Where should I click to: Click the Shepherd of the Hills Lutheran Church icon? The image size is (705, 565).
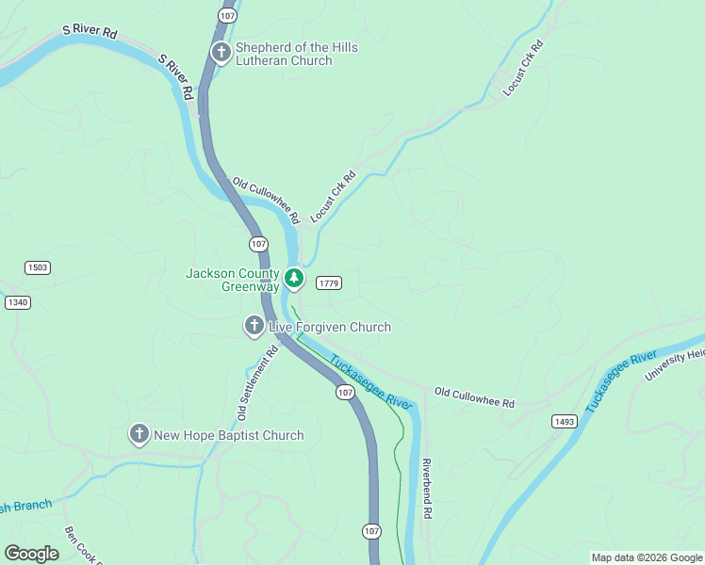coord(221,53)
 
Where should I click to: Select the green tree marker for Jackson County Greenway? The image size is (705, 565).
coord(294,278)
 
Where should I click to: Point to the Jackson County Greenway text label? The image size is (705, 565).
coord(232,280)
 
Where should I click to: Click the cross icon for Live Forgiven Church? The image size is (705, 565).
coord(254,327)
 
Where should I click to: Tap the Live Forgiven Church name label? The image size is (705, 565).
coord(329,327)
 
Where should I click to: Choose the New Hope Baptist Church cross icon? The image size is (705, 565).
coord(139,434)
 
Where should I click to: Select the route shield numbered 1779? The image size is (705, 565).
coord(328,282)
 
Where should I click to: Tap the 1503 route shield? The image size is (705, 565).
coord(38,267)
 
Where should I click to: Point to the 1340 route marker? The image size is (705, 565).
coord(17,301)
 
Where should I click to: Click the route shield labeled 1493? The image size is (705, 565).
coord(564,421)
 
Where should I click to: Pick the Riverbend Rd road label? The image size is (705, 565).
coord(426,490)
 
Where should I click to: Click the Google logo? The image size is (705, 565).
coord(31,554)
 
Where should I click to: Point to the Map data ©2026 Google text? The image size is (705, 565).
coord(647,557)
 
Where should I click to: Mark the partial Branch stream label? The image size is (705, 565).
coord(25,507)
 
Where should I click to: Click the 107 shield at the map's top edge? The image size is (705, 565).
coord(226,16)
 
